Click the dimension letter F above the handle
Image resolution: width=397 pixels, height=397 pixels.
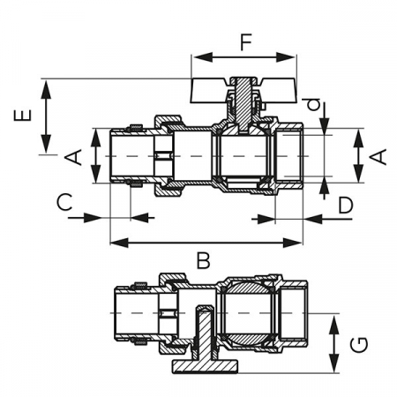point(246,42)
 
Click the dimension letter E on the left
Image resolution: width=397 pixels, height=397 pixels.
point(22,115)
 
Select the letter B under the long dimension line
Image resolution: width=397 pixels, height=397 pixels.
point(204,260)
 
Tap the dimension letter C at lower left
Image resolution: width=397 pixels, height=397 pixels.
point(64,202)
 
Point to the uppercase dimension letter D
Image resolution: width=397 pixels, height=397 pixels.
point(346,206)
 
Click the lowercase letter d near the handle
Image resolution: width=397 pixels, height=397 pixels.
point(314,105)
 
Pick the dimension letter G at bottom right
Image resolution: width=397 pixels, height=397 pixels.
point(359,344)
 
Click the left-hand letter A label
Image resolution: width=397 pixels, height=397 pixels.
point(73,157)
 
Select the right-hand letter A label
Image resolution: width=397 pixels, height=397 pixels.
point(378,157)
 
